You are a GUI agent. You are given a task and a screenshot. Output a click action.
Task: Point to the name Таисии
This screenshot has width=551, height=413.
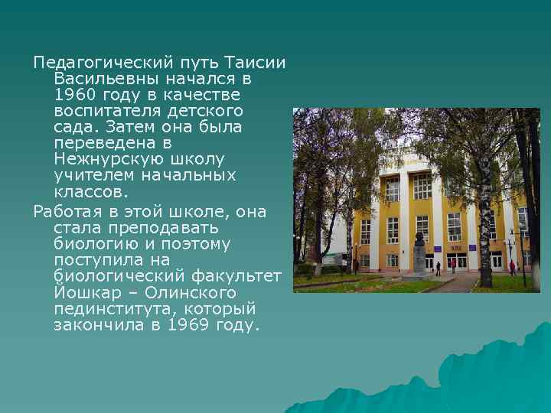click(x=256, y=61)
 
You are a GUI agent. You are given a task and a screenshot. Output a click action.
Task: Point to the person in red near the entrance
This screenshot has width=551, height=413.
click(x=512, y=268)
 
